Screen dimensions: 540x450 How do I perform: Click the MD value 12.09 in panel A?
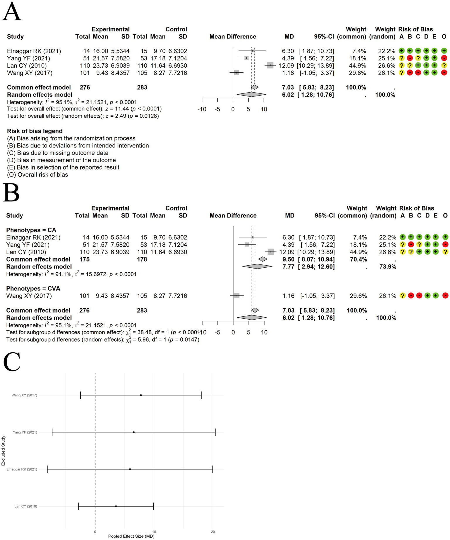pyautogui.click(x=286, y=66)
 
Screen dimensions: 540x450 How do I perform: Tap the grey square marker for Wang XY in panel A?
pyautogui.click(x=237, y=73)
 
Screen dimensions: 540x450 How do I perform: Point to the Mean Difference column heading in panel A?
pyautogui.click(x=233, y=37)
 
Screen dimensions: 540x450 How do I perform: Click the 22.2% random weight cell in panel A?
pyautogui.click(x=386, y=51)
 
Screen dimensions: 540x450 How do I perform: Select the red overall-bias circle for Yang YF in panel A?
pyautogui.click(x=444, y=58)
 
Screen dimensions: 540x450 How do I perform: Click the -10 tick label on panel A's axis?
pyautogui.click(x=202, y=109)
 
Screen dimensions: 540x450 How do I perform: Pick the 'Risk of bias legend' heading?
pyautogui.click(x=35, y=131)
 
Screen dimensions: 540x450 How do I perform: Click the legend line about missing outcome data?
pyautogui.click(x=58, y=153)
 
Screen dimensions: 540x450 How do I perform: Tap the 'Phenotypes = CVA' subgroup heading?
pyautogui.click(x=33, y=288)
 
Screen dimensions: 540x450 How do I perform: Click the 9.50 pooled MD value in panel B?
pyautogui.click(x=288, y=259)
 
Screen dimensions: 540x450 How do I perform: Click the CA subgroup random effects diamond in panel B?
pyautogui.click(x=257, y=266)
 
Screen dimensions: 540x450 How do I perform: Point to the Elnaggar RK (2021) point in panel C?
pyautogui.click(x=130, y=469)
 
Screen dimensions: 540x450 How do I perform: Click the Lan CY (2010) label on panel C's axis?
pyautogui.click(x=26, y=506)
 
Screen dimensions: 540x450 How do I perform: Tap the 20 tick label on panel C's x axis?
pyautogui.click(x=213, y=531)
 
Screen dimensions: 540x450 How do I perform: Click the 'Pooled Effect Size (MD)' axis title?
pyautogui.click(x=131, y=536)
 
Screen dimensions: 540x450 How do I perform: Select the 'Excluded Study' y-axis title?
pyautogui.click(x=3, y=451)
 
